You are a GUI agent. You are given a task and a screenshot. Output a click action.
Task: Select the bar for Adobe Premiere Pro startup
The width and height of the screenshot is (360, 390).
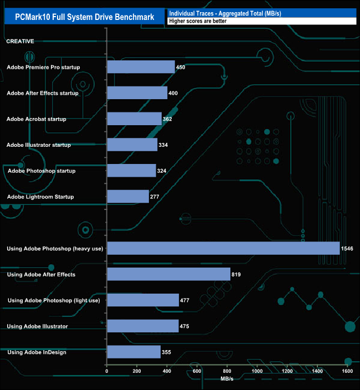tap(141, 67)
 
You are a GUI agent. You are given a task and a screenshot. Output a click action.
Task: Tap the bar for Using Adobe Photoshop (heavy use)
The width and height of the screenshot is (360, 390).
tap(223, 248)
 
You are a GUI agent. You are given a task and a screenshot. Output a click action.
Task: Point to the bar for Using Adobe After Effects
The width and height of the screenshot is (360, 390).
tap(168, 274)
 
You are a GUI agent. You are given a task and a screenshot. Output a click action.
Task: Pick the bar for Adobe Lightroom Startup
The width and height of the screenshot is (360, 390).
tap(127, 197)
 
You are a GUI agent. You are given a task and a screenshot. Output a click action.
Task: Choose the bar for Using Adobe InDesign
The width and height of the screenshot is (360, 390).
tap(133, 352)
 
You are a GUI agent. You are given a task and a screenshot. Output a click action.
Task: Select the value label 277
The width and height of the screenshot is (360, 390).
tap(157, 197)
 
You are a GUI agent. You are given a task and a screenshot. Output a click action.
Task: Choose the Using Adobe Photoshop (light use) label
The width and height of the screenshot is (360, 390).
tap(54, 300)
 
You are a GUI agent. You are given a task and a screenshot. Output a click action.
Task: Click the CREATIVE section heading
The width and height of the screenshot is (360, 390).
tap(20, 41)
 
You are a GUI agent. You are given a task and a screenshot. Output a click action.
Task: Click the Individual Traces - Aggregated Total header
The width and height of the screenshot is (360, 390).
tap(224, 13)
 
